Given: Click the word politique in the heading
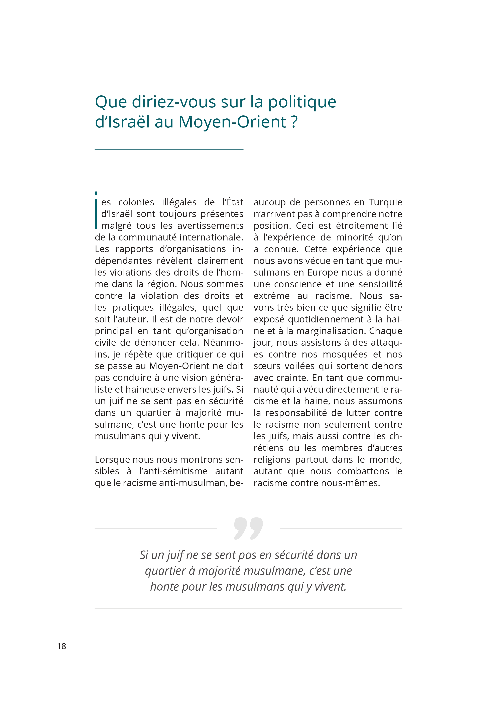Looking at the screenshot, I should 302,102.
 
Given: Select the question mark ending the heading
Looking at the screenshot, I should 294,122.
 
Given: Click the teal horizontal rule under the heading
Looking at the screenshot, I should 169,149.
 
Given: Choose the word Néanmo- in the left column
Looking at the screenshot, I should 223,343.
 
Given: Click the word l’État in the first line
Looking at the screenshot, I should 233,202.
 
